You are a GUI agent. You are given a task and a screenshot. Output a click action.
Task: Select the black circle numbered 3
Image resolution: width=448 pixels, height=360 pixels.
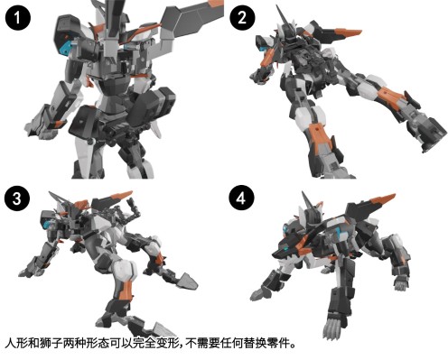click(x=16, y=198)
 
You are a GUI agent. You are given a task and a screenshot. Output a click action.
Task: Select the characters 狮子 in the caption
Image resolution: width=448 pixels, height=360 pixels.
click(x=51, y=344)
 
